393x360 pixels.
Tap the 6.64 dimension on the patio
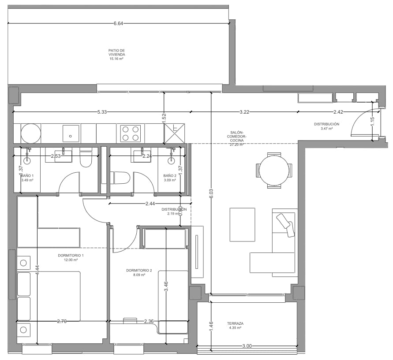click(x=118, y=23)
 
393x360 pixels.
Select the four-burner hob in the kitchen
click(x=131, y=133)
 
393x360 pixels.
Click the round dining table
click(x=274, y=170)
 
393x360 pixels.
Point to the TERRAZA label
click(x=236, y=323)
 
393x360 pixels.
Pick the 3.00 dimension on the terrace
click(x=247, y=346)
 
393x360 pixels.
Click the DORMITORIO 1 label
click(x=71, y=256)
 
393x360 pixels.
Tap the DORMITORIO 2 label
click(x=139, y=271)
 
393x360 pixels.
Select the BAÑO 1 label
click(x=27, y=175)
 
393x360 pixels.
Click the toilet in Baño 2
click(x=120, y=178)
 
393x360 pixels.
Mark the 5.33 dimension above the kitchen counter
click(x=102, y=112)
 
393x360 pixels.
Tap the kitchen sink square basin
click(x=71, y=133)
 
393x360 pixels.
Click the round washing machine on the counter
click(x=31, y=133)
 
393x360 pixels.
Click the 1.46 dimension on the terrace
click(x=211, y=326)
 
